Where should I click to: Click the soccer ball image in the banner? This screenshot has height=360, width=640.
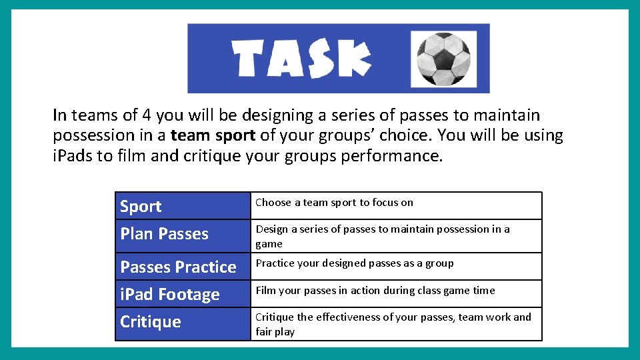pos(443,58)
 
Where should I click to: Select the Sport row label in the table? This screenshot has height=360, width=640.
pos(141,207)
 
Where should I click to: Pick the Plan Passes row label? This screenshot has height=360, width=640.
pos(164,234)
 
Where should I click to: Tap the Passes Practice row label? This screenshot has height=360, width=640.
pos(178,267)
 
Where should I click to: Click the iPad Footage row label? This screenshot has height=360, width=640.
pos(169,295)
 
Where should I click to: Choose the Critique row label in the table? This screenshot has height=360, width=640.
pos(150,322)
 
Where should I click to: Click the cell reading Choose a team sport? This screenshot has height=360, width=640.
pos(334,203)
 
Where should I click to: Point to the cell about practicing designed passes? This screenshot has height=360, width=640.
pos(354,263)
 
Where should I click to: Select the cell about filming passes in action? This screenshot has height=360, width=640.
pos(375,291)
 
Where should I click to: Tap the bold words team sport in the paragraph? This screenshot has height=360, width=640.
pos(213,135)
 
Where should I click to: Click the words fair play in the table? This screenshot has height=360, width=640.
pos(275,331)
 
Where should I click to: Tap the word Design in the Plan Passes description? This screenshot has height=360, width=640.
pos(271,229)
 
